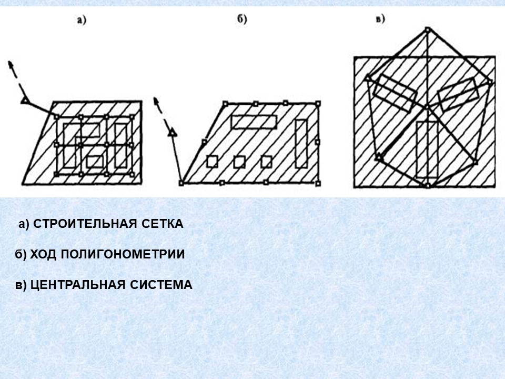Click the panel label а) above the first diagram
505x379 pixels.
click(x=82, y=21)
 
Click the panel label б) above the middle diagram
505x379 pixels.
click(x=242, y=19)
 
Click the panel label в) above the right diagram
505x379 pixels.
click(x=380, y=19)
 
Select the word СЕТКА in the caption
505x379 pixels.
click(x=163, y=224)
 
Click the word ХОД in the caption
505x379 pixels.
click(x=43, y=254)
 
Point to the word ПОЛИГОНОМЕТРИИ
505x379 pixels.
click(x=123, y=254)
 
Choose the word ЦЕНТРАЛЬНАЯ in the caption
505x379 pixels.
click(x=77, y=285)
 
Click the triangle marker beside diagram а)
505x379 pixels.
click(x=25, y=101)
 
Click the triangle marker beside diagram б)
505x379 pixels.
click(x=173, y=133)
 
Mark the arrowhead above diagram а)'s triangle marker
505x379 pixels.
click(x=11, y=64)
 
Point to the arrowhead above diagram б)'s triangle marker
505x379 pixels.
click(x=157, y=100)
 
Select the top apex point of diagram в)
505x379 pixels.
click(x=427, y=29)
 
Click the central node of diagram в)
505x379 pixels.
click(x=427, y=106)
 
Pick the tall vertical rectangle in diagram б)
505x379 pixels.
click(x=301, y=144)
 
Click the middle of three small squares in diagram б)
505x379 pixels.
click(x=239, y=162)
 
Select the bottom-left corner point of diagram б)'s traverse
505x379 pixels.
click(x=181, y=183)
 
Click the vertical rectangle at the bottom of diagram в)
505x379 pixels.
click(x=427, y=149)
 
